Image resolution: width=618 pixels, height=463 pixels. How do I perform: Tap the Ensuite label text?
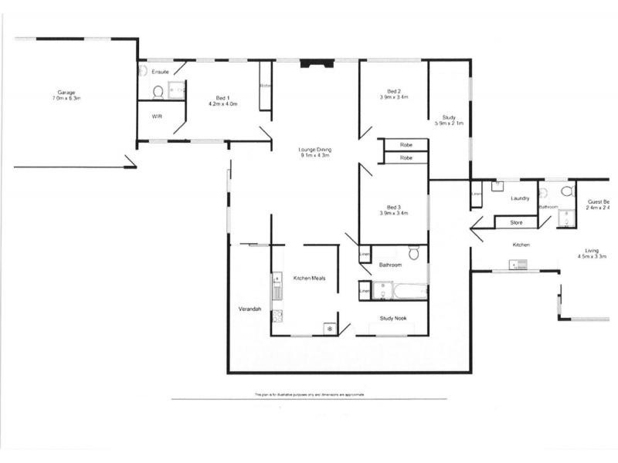[160, 72]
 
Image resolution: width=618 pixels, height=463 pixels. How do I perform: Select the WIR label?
[157, 117]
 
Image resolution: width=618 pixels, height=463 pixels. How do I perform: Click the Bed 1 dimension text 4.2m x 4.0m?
[222, 104]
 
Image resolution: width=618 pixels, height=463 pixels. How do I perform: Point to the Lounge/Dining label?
[314, 149]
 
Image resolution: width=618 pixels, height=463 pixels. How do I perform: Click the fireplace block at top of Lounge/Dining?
[314, 65]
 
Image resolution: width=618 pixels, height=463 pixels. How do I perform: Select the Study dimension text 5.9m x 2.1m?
[449, 123]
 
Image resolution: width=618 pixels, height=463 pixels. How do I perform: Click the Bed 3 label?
[393, 207]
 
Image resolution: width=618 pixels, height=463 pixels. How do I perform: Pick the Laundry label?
[520, 198]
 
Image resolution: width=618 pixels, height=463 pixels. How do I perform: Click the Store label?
[516, 223]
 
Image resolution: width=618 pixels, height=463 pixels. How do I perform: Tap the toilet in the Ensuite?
[158, 92]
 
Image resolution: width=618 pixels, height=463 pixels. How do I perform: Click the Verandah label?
[250, 309]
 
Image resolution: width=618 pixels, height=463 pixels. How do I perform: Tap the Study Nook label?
[393, 317]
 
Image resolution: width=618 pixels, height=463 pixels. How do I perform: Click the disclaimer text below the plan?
[309, 394]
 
